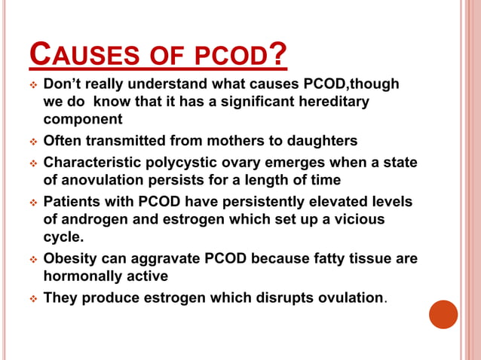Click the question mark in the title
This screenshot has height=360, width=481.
(x=277, y=53)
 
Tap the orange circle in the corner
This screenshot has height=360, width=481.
(x=443, y=314)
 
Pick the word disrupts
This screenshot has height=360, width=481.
(x=275, y=297)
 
